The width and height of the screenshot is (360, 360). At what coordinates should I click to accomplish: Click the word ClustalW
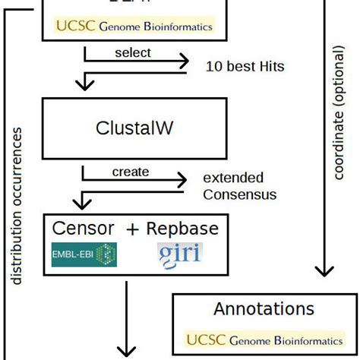(134, 128)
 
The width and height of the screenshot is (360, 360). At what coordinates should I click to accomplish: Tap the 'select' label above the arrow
(133, 52)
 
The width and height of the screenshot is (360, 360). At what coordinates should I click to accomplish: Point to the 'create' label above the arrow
(131, 172)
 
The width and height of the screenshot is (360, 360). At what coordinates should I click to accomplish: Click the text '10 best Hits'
(245, 67)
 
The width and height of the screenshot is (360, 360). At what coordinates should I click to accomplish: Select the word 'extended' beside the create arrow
(233, 178)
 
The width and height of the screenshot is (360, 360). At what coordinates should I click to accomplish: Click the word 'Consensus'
(239, 194)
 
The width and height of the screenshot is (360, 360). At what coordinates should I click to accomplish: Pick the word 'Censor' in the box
(84, 228)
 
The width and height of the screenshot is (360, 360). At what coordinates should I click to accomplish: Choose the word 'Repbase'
(182, 228)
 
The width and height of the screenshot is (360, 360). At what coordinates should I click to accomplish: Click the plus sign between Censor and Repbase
(133, 229)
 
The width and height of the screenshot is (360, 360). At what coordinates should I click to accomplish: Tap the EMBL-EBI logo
(84, 254)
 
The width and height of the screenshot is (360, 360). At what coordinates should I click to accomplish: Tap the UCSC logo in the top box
(134, 25)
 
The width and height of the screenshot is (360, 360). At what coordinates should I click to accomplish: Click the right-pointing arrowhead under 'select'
(184, 61)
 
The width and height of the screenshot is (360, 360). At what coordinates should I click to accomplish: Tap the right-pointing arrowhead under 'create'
(182, 180)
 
